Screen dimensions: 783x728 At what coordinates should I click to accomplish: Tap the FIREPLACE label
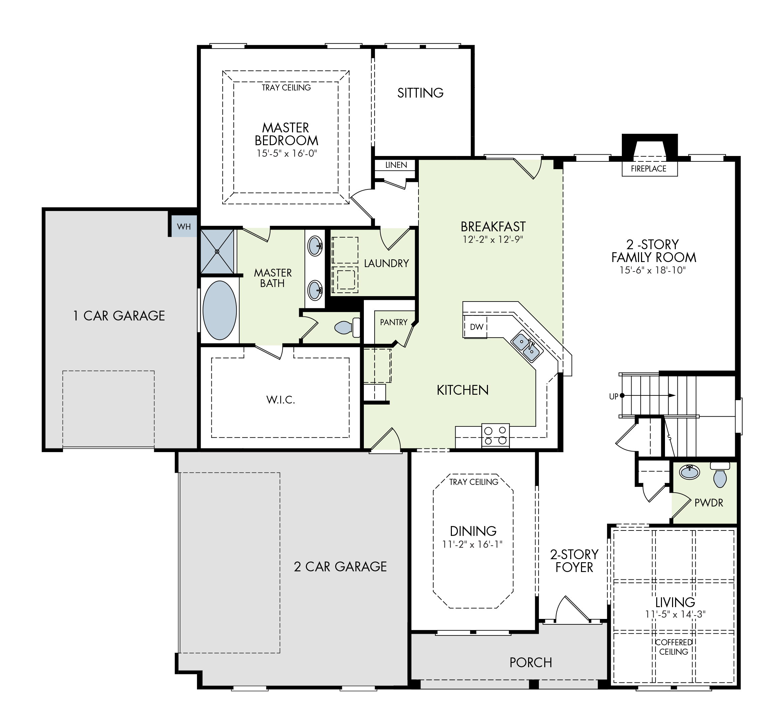pyautogui.click(x=648, y=168)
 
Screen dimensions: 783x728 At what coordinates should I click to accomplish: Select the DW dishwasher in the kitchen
pyautogui.click(x=476, y=327)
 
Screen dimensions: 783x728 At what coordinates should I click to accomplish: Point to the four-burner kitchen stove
pyautogui.click(x=495, y=435)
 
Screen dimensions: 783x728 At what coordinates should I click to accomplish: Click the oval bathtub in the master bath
pyautogui.click(x=220, y=310)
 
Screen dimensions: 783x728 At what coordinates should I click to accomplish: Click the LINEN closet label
pyautogui.click(x=396, y=165)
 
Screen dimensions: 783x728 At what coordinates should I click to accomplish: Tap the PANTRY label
pyautogui.click(x=394, y=322)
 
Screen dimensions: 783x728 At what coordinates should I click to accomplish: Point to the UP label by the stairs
pyautogui.click(x=613, y=397)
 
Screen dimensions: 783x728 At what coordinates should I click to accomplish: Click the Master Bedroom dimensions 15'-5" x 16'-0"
pyautogui.click(x=286, y=153)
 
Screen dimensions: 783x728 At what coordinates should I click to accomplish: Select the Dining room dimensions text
pyautogui.click(x=472, y=544)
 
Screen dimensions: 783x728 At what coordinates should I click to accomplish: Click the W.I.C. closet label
pyautogui.click(x=281, y=400)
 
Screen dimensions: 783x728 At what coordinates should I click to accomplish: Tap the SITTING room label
pyautogui.click(x=420, y=93)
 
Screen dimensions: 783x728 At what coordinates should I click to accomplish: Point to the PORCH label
pyautogui.click(x=530, y=662)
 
